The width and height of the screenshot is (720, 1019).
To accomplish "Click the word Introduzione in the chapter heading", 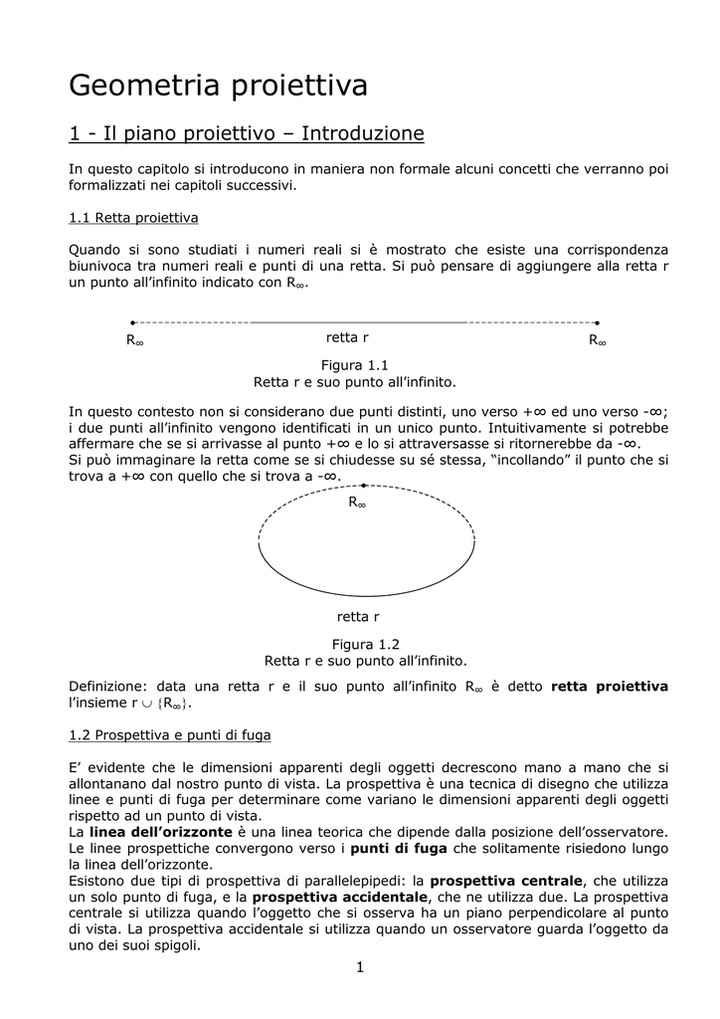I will coord(362,133).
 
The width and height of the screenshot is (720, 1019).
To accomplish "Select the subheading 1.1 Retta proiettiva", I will coord(133,217).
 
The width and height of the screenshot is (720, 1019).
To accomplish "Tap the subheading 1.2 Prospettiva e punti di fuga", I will coord(169,735).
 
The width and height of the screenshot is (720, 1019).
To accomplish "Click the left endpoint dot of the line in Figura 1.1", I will coord(132,322).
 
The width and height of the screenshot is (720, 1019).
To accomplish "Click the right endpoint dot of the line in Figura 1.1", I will coord(597,322).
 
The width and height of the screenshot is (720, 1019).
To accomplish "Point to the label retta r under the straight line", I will coord(347,338).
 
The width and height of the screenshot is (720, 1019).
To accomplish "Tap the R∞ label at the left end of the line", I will coord(135,341).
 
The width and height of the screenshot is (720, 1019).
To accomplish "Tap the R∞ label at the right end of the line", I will coord(598,341).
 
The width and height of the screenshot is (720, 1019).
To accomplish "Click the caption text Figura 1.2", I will coord(365,644).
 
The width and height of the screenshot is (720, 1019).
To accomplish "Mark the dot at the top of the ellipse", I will coord(364,486).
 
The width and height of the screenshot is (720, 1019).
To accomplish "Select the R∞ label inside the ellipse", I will coord(357,504).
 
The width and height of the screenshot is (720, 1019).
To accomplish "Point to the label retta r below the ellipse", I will coord(359,617).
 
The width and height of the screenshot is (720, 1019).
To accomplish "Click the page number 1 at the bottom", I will coord(360,967).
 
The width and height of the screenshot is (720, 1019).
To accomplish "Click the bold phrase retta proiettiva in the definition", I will coord(609,687).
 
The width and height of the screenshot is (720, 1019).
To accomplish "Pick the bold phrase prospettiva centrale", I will coord(506,881).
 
